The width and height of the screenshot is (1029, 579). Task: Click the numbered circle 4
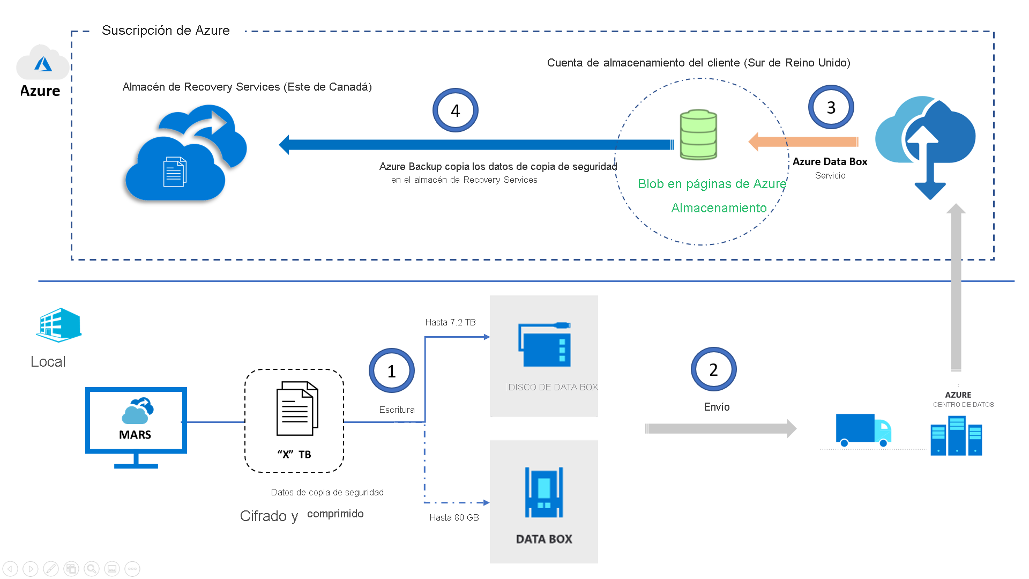[455, 110]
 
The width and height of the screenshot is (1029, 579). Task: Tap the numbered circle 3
[831, 107]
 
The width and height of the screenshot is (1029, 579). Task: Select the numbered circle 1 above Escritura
[391, 371]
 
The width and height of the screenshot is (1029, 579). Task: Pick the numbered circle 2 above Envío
[713, 369]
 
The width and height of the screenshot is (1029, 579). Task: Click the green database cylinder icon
[698, 135]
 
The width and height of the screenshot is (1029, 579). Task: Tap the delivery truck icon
[863, 430]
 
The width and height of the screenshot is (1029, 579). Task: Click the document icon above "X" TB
[297, 409]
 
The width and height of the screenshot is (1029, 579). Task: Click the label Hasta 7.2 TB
[450, 322]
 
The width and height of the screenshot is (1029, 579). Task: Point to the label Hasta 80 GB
[454, 517]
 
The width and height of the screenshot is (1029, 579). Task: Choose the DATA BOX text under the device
[544, 539]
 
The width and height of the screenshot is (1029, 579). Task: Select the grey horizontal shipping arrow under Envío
[720, 428]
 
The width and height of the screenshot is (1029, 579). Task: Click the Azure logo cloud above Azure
[43, 63]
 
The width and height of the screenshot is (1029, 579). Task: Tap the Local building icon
[58, 325]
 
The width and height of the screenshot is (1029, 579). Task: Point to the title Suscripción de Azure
[166, 31]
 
